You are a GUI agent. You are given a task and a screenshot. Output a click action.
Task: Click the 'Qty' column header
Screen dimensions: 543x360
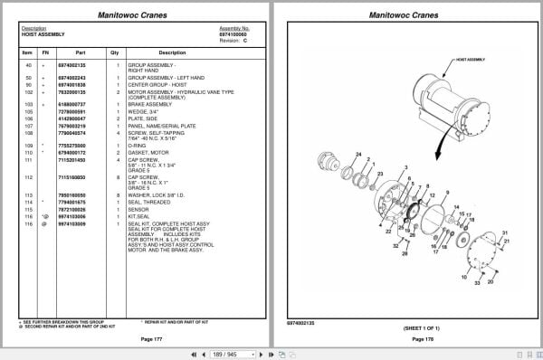tap(115, 52)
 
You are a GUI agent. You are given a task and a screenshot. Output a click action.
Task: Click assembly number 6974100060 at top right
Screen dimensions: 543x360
tap(233, 34)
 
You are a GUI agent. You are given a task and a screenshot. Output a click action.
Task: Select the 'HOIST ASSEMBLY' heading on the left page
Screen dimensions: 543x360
tap(41, 34)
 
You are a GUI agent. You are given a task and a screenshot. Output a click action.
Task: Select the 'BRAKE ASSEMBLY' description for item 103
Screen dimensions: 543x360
tap(148, 104)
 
